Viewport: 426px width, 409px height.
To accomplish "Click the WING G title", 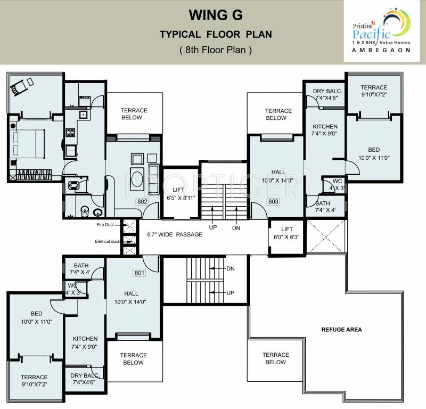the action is coord(216,15).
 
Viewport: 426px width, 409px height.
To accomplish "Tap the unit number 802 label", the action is coord(142,202).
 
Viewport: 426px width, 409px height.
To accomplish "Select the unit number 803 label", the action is coord(273,202).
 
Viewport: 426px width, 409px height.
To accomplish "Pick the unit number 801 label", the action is coord(140,273).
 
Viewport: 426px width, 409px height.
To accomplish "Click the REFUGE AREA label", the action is coord(341,330).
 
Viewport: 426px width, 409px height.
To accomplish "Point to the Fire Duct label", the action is coord(105,225).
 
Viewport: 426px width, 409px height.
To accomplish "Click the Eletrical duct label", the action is coord(107,241).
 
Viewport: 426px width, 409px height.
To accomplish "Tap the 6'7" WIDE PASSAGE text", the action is coord(175,234).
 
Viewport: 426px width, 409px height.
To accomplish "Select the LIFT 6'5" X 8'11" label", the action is coord(181,194).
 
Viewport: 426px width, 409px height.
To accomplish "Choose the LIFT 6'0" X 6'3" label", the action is coord(286,233).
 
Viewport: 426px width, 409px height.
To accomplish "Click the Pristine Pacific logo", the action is coord(381,30).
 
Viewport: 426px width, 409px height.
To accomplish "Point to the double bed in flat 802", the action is coord(28,143).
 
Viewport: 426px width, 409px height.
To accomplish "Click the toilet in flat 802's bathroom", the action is coord(85,211).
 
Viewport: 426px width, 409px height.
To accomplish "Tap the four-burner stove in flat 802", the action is coord(70,133).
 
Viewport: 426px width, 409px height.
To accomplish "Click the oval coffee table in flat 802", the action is coord(137,178).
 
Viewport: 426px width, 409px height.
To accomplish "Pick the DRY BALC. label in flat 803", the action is coord(327,91).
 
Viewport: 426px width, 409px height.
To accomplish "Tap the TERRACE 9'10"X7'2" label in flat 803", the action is coord(374,91).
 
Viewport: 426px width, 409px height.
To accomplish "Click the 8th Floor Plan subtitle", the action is coord(216,50).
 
